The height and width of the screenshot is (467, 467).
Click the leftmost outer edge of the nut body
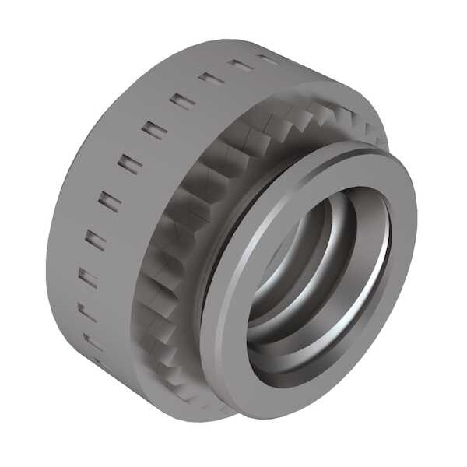click(x=48, y=249)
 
